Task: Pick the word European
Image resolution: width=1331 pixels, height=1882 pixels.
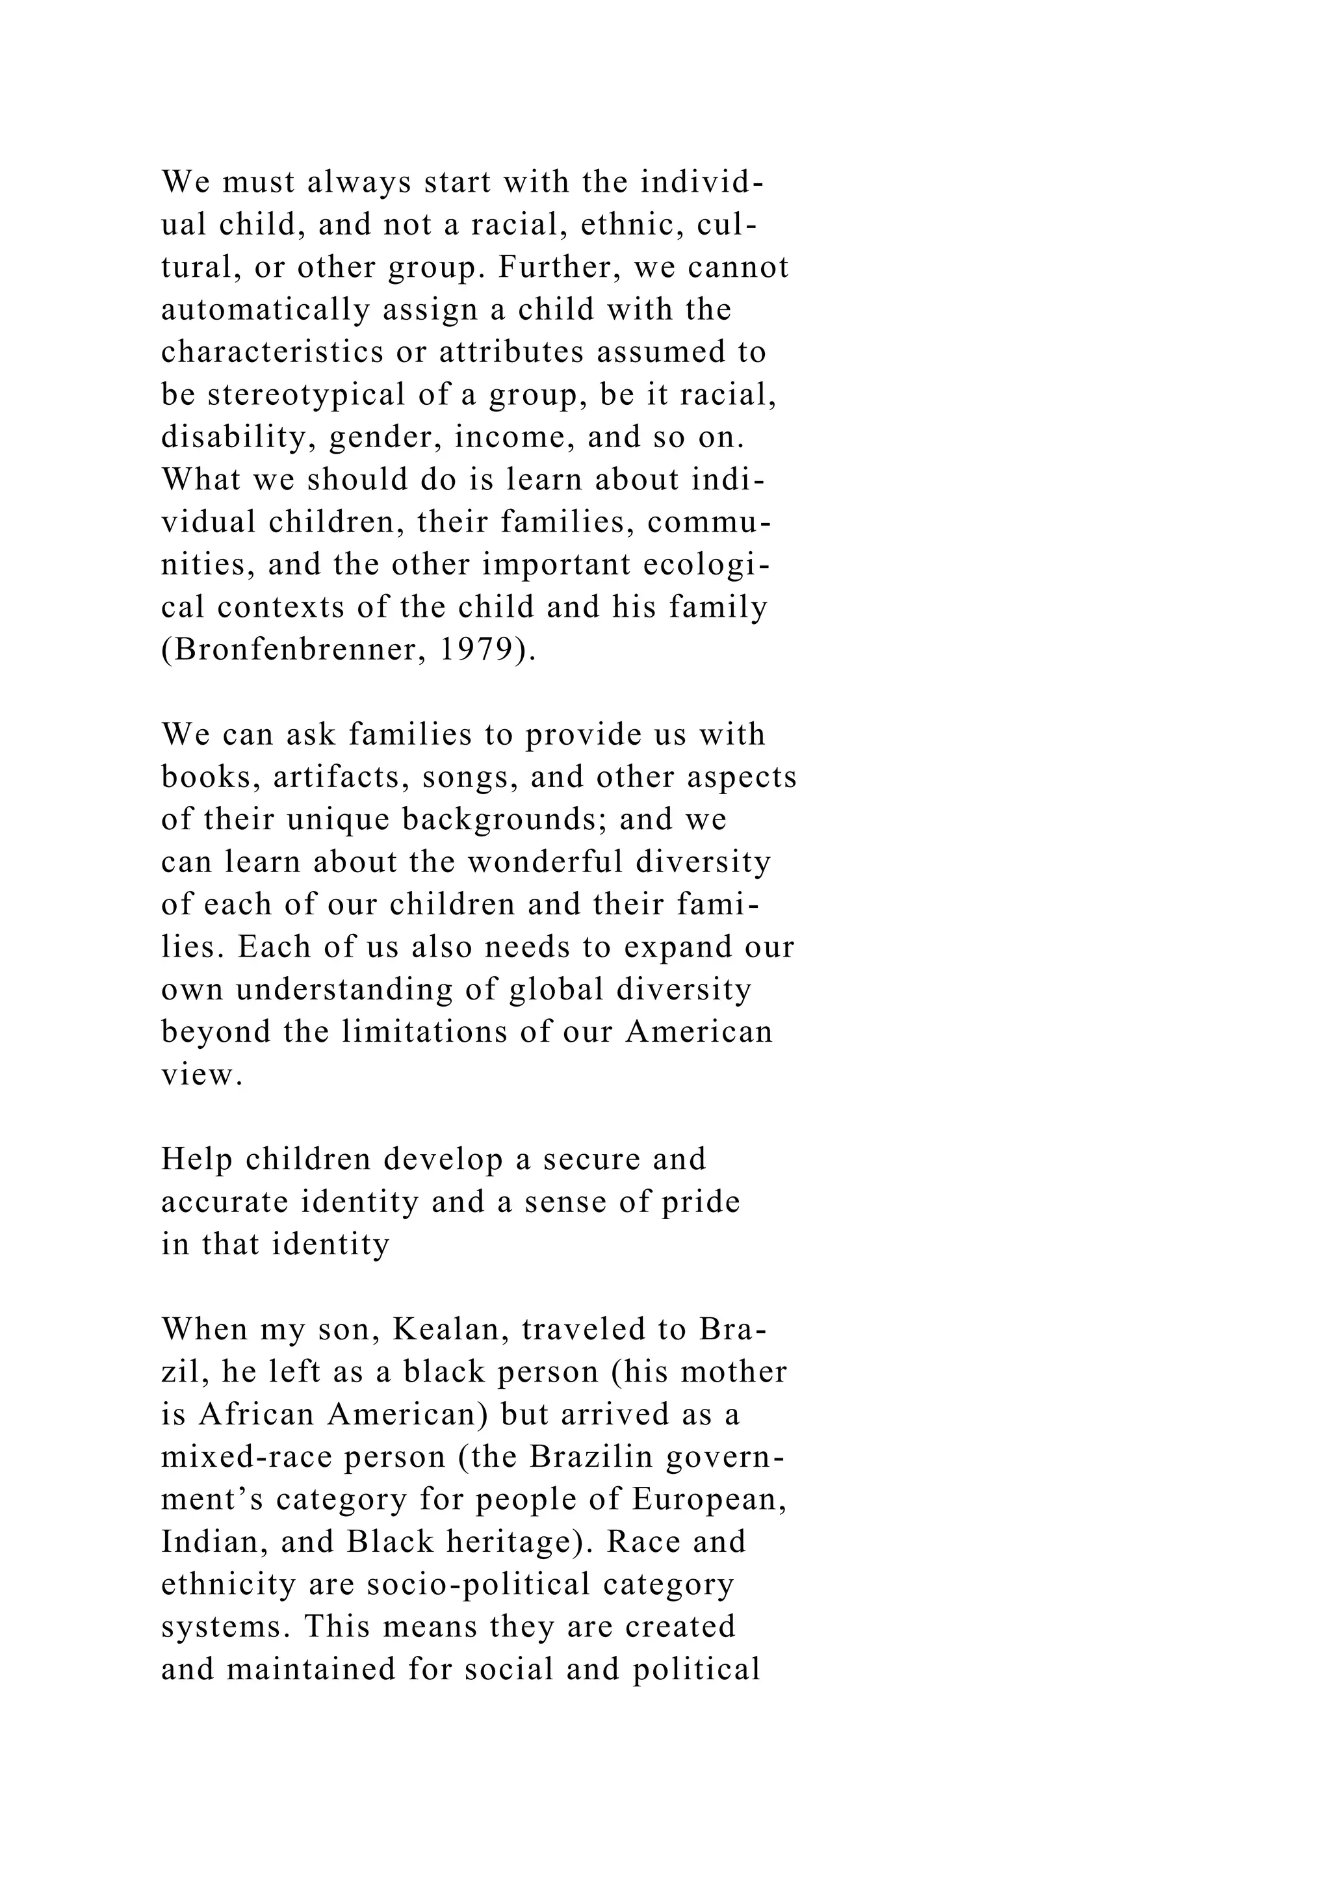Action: point(708,1499)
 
